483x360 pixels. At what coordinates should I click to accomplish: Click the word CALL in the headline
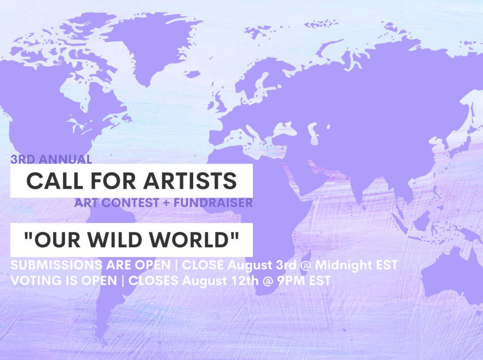pyautogui.click(x=52, y=181)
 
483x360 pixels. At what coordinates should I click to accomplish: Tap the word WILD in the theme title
pyautogui.click(x=132, y=239)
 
